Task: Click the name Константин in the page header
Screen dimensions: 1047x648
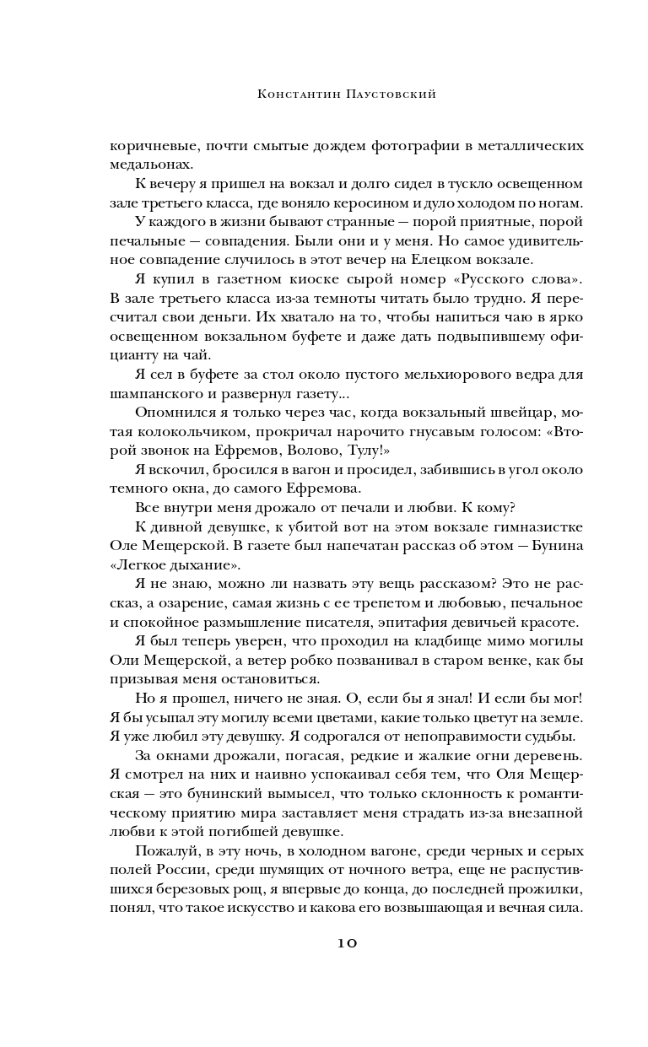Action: tap(291, 96)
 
